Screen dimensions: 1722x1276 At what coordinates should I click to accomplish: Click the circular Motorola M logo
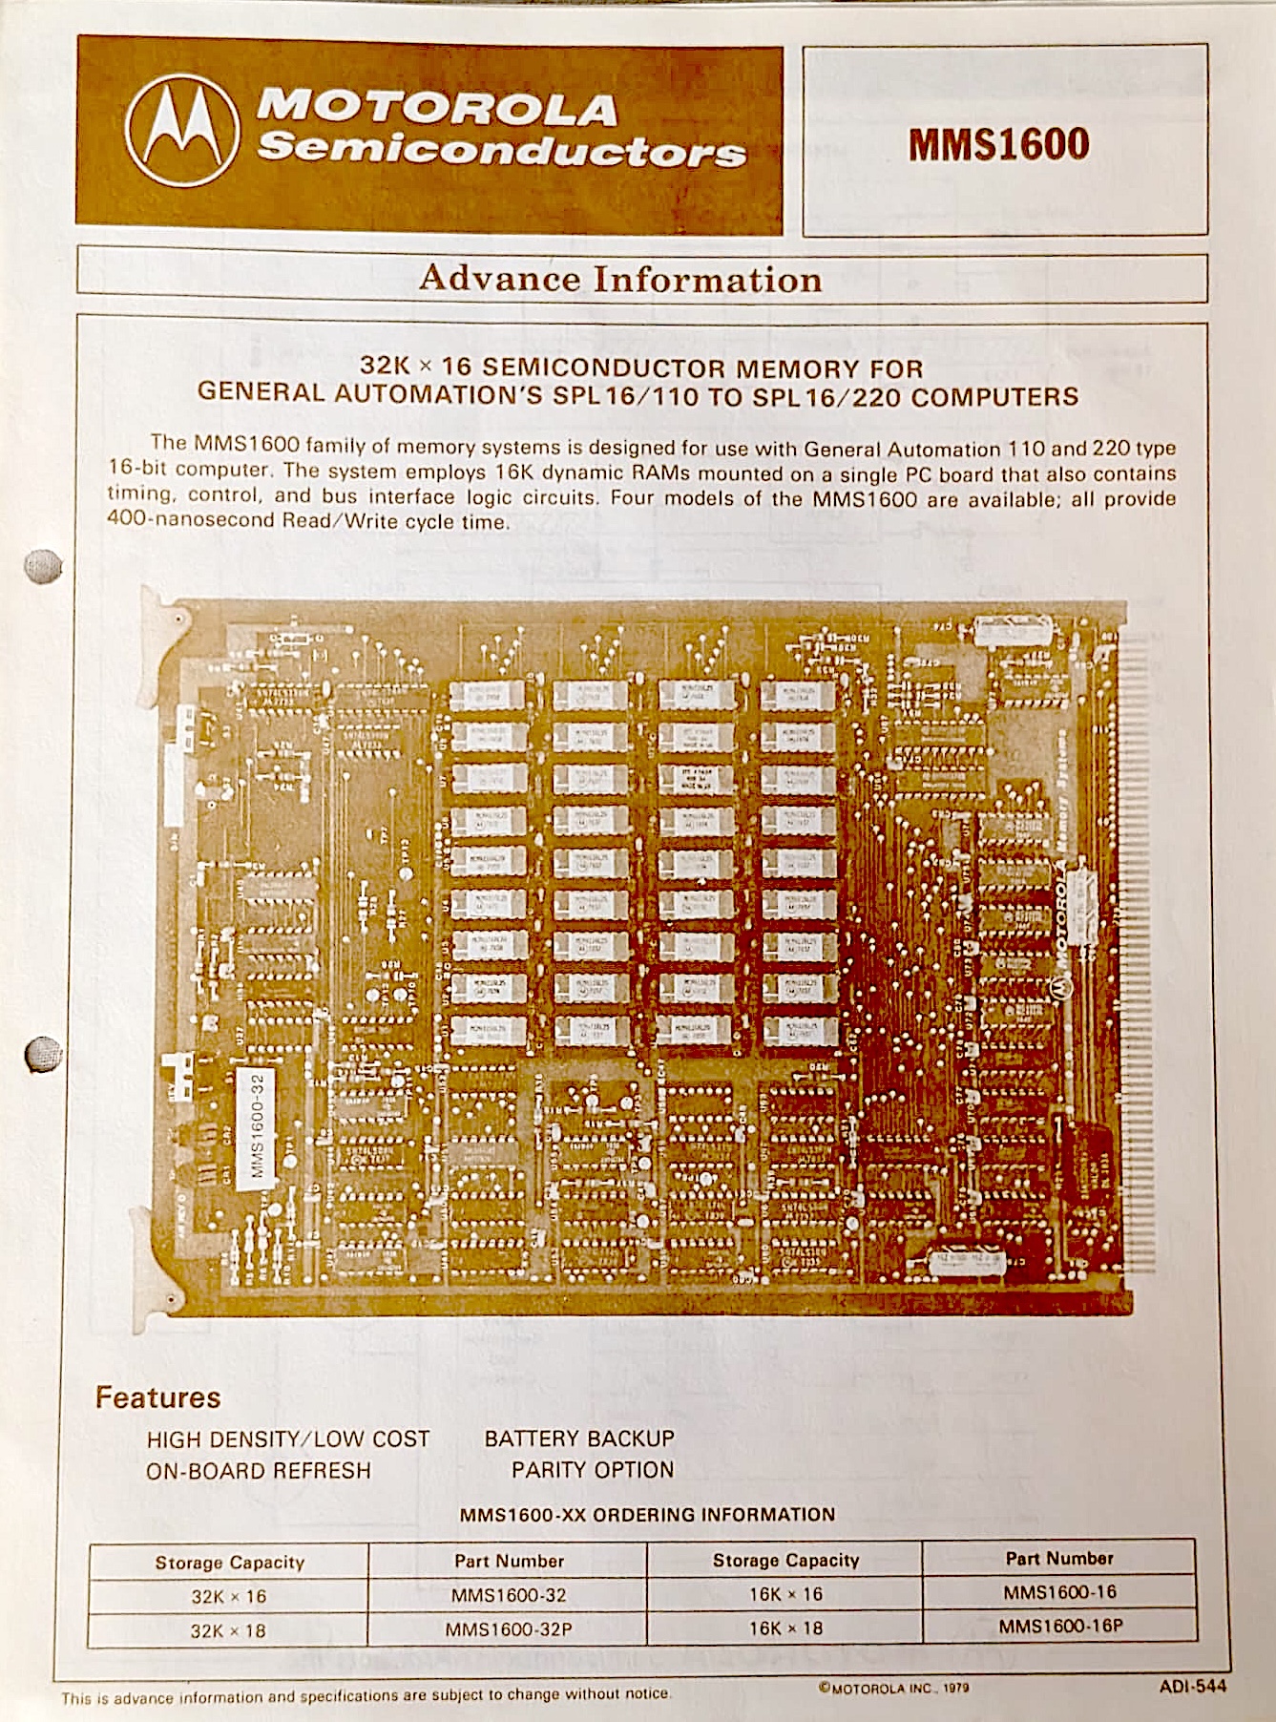[182, 131]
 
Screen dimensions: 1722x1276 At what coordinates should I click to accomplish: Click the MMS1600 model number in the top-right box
[999, 144]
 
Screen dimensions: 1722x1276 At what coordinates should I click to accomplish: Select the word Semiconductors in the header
[502, 150]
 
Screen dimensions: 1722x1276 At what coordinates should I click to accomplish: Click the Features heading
[157, 1397]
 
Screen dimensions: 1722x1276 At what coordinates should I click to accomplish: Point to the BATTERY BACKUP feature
[579, 1438]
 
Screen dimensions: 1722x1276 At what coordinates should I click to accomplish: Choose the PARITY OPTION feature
[593, 1470]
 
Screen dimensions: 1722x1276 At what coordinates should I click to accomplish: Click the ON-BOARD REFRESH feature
[259, 1471]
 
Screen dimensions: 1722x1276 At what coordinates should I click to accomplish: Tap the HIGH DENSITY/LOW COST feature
[288, 1439]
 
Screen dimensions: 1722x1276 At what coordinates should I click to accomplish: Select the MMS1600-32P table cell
[509, 1629]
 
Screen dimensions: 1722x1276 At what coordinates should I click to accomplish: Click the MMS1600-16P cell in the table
[1060, 1626]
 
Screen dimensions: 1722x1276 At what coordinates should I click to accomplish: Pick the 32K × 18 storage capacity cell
[229, 1630]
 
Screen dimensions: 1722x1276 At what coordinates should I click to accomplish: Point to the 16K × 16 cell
[785, 1594]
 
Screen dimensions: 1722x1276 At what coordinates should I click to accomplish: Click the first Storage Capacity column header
[230, 1563]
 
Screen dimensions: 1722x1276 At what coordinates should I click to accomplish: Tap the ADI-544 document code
[1193, 1686]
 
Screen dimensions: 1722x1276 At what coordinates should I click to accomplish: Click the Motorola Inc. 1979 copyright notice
[893, 1688]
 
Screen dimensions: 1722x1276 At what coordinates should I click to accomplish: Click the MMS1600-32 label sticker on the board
[256, 1123]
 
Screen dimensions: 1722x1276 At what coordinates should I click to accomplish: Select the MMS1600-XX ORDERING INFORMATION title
[647, 1515]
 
